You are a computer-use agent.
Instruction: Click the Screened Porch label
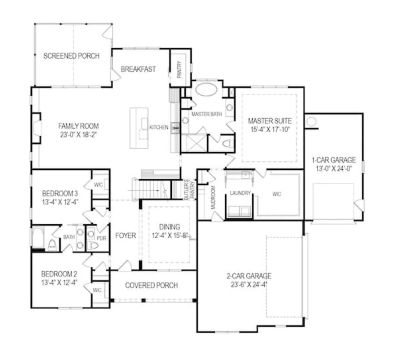pos(71,56)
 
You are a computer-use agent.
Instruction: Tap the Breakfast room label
pos(138,69)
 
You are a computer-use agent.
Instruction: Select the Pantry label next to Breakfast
pos(179,70)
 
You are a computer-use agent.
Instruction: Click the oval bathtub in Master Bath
pos(206,90)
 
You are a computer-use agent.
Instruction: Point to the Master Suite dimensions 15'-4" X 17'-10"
pos(270,130)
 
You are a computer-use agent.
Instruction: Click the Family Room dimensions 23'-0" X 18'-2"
pos(78,135)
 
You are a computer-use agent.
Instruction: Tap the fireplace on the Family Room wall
pos(37,128)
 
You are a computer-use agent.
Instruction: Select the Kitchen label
pos(159,127)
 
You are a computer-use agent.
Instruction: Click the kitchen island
pos(139,128)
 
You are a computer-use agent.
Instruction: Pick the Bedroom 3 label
pos(60,193)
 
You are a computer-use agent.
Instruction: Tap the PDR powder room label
pos(101,238)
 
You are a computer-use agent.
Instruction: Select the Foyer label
pos(125,236)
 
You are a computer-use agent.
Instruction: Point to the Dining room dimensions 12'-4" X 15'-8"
pos(170,236)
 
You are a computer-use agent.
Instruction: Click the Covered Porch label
pos(151,285)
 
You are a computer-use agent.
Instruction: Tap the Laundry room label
pos(240,193)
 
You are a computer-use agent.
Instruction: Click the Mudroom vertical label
pos(213,197)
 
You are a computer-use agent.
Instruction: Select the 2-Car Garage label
pos(249,276)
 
